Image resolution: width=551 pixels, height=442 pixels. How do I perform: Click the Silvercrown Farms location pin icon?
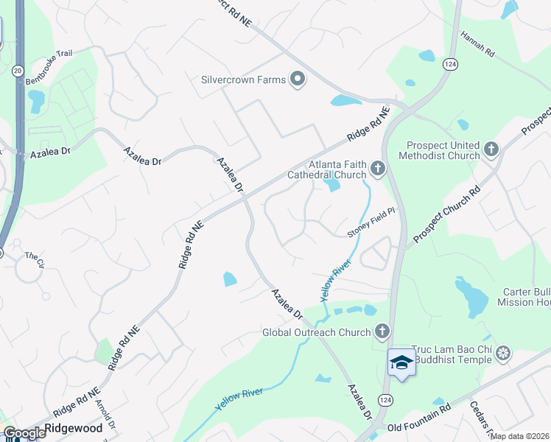coord(298,80)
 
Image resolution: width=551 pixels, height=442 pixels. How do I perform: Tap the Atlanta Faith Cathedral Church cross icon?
coord(377,169)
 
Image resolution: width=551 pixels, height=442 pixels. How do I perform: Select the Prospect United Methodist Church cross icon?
coord(491,150)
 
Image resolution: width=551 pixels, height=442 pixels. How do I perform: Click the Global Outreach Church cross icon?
coord(382,332)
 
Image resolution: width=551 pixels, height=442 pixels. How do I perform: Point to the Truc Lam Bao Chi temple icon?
coord(503,354)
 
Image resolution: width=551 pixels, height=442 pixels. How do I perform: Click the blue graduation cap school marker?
coord(401,362)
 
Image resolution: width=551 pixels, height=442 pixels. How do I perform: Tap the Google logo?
coord(24,433)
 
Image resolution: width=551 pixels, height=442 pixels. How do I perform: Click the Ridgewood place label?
coord(74,428)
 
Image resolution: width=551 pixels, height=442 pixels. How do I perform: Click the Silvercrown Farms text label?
coord(243,80)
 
